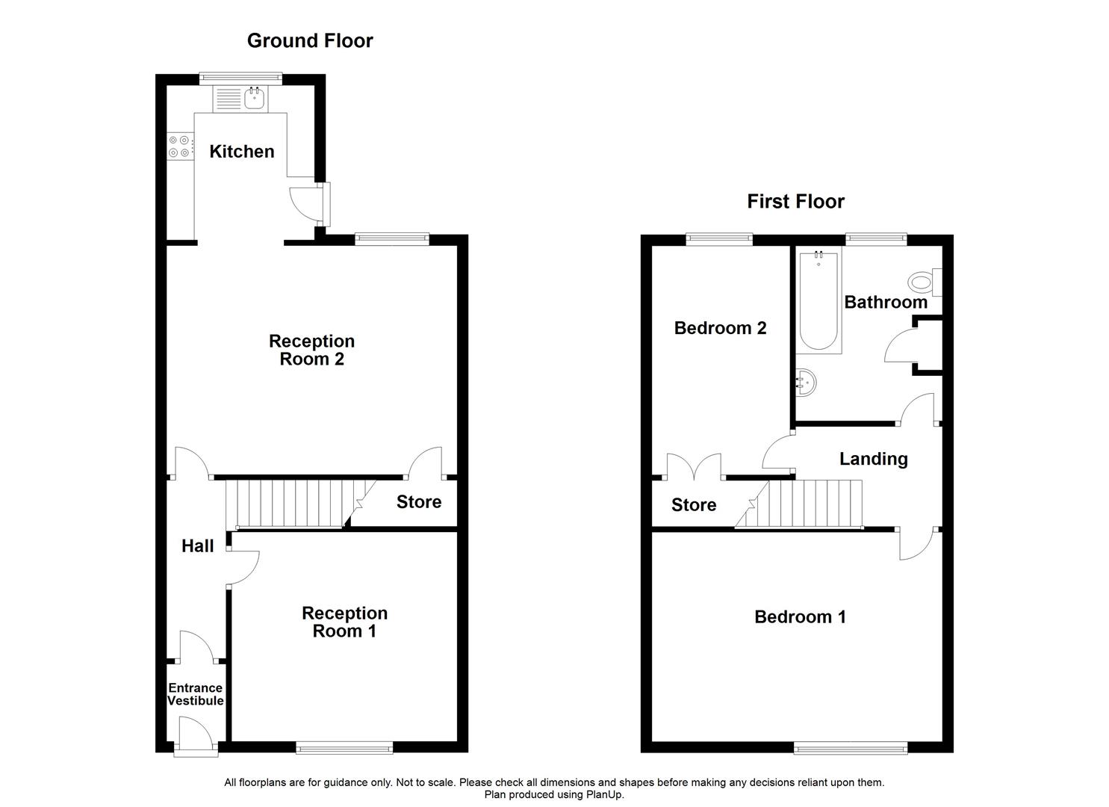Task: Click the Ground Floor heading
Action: click(310, 41)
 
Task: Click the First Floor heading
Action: click(795, 202)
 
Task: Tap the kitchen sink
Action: click(255, 98)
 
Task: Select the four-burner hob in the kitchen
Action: click(179, 146)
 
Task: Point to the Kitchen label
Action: click(242, 152)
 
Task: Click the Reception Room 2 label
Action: click(311, 350)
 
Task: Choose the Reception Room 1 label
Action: click(344, 622)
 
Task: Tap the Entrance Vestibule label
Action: click(195, 694)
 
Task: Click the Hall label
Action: click(198, 546)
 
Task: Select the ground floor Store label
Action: click(418, 502)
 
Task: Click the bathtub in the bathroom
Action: click(818, 302)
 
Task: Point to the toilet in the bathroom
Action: click(924, 282)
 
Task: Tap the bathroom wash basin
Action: click(807, 383)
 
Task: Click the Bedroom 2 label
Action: click(720, 328)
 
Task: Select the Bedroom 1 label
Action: click(800, 617)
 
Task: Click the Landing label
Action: click(873, 459)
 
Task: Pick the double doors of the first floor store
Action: click(695, 467)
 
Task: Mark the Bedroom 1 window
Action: click(851, 747)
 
